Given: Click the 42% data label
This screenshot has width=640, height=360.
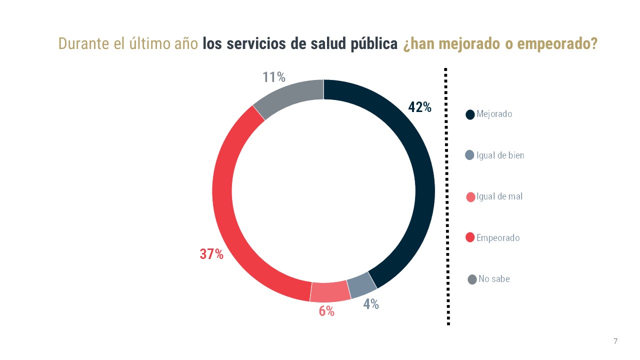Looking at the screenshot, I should tap(420, 107).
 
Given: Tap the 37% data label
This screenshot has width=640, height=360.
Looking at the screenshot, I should tap(211, 254).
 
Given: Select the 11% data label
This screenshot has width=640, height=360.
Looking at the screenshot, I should tap(273, 77).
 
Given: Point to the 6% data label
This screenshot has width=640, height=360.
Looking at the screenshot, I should tap(326, 311).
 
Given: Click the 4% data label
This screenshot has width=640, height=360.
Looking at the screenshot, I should tap(371, 303).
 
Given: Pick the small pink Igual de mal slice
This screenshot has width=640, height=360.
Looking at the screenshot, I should tap(330, 291).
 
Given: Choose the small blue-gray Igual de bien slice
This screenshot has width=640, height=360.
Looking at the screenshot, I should tap(361, 285).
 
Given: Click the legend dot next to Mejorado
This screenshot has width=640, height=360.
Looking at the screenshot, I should tap(470, 114).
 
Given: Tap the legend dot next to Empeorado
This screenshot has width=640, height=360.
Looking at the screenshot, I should tap(470, 237).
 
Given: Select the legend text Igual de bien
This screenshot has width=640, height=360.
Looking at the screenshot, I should tap(500, 155).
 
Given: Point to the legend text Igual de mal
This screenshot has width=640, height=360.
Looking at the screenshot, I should tap(499, 196).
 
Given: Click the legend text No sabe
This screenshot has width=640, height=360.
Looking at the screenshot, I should tap(494, 279).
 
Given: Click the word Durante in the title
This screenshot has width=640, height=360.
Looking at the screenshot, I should tap(80, 43).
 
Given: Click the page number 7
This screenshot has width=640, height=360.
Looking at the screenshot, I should tap(615, 341).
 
